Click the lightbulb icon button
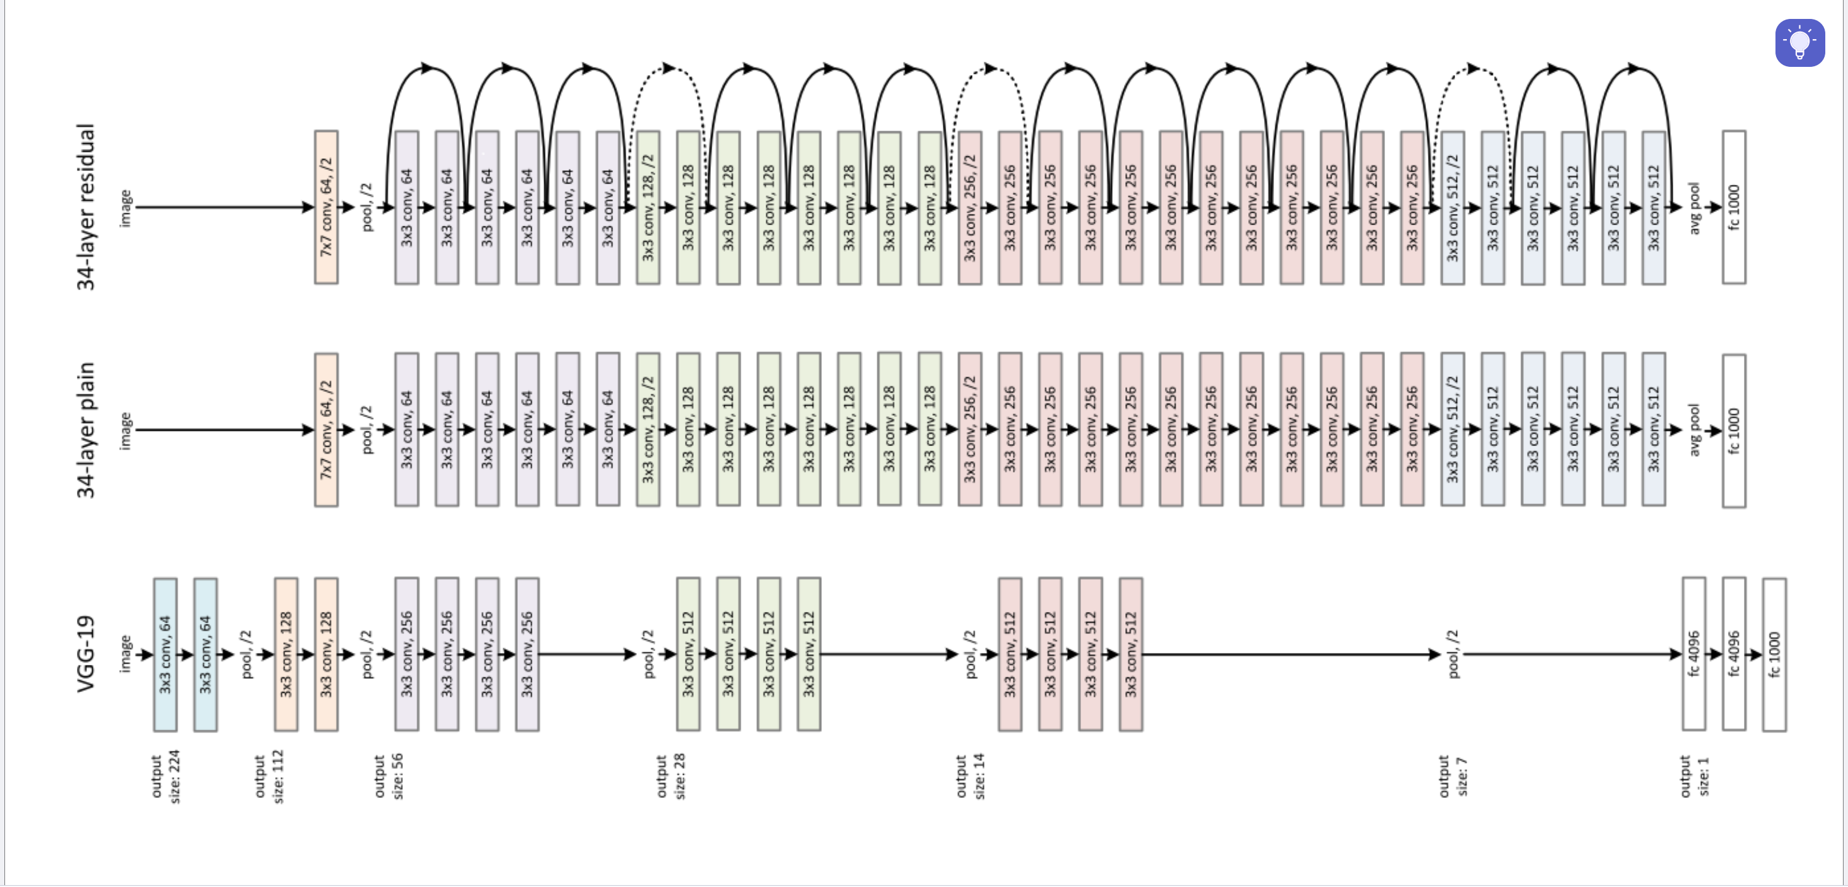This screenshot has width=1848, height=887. point(1799,43)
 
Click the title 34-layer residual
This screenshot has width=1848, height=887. point(86,207)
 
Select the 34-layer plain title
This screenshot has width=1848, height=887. point(86,429)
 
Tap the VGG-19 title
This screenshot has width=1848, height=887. point(86,653)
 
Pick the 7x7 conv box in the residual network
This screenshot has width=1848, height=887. point(327,207)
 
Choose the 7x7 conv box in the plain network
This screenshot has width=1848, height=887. point(327,429)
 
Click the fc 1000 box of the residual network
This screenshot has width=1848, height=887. point(1734,207)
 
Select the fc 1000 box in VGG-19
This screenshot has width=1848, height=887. point(1774,654)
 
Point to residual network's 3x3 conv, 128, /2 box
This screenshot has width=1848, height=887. point(648,207)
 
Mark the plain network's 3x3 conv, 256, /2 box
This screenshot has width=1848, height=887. point(970,429)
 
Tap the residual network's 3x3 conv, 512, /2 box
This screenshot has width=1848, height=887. point(1453,207)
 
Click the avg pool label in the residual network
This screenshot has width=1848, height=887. point(1695,208)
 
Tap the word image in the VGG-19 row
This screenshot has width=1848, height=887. point(126,653)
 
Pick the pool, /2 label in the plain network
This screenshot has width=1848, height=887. point(367,429)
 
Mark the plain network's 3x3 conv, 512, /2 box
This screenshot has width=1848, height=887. point(1453,429)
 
